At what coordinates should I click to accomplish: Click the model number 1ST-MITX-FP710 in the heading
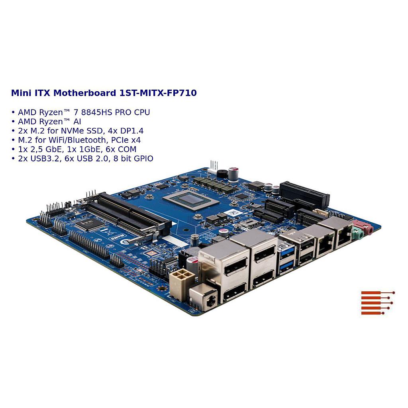coord(158,93)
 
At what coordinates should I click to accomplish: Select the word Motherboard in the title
coord(85,93)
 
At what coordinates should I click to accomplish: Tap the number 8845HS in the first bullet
coord(97,112)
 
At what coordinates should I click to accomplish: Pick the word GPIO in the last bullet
coord(143,159)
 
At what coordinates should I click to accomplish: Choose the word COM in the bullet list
coord(127,149)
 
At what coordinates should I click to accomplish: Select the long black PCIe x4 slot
coord(304,194)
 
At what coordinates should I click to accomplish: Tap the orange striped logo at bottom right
coord(378,303)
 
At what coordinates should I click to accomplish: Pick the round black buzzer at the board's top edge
coord(222,173)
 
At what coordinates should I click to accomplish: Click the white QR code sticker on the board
coord(233,213)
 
